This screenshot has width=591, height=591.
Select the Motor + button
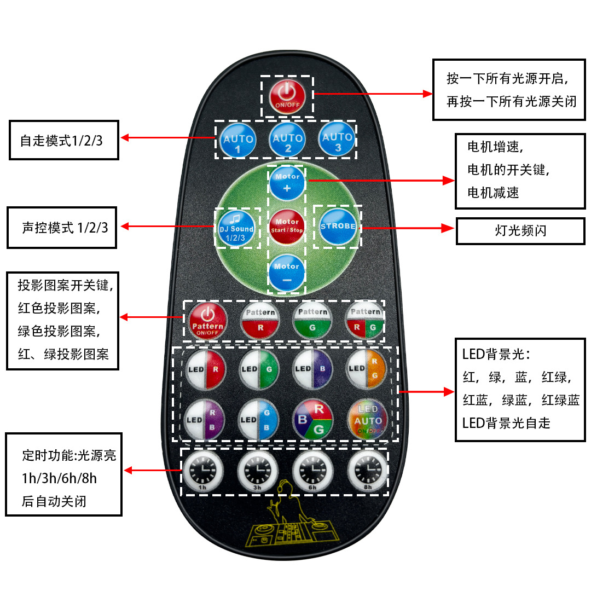coord(287,182)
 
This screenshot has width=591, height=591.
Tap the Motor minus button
coord(287,272)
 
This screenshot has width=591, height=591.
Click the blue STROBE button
coord(338,227)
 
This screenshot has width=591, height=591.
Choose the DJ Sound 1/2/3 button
coord(236,227)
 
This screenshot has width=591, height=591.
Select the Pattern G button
coord(312,320)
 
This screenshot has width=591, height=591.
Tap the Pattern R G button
coord(365,320)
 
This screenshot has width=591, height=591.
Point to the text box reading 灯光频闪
coord(520,231)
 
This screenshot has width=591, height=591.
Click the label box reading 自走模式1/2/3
coord(64,140)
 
